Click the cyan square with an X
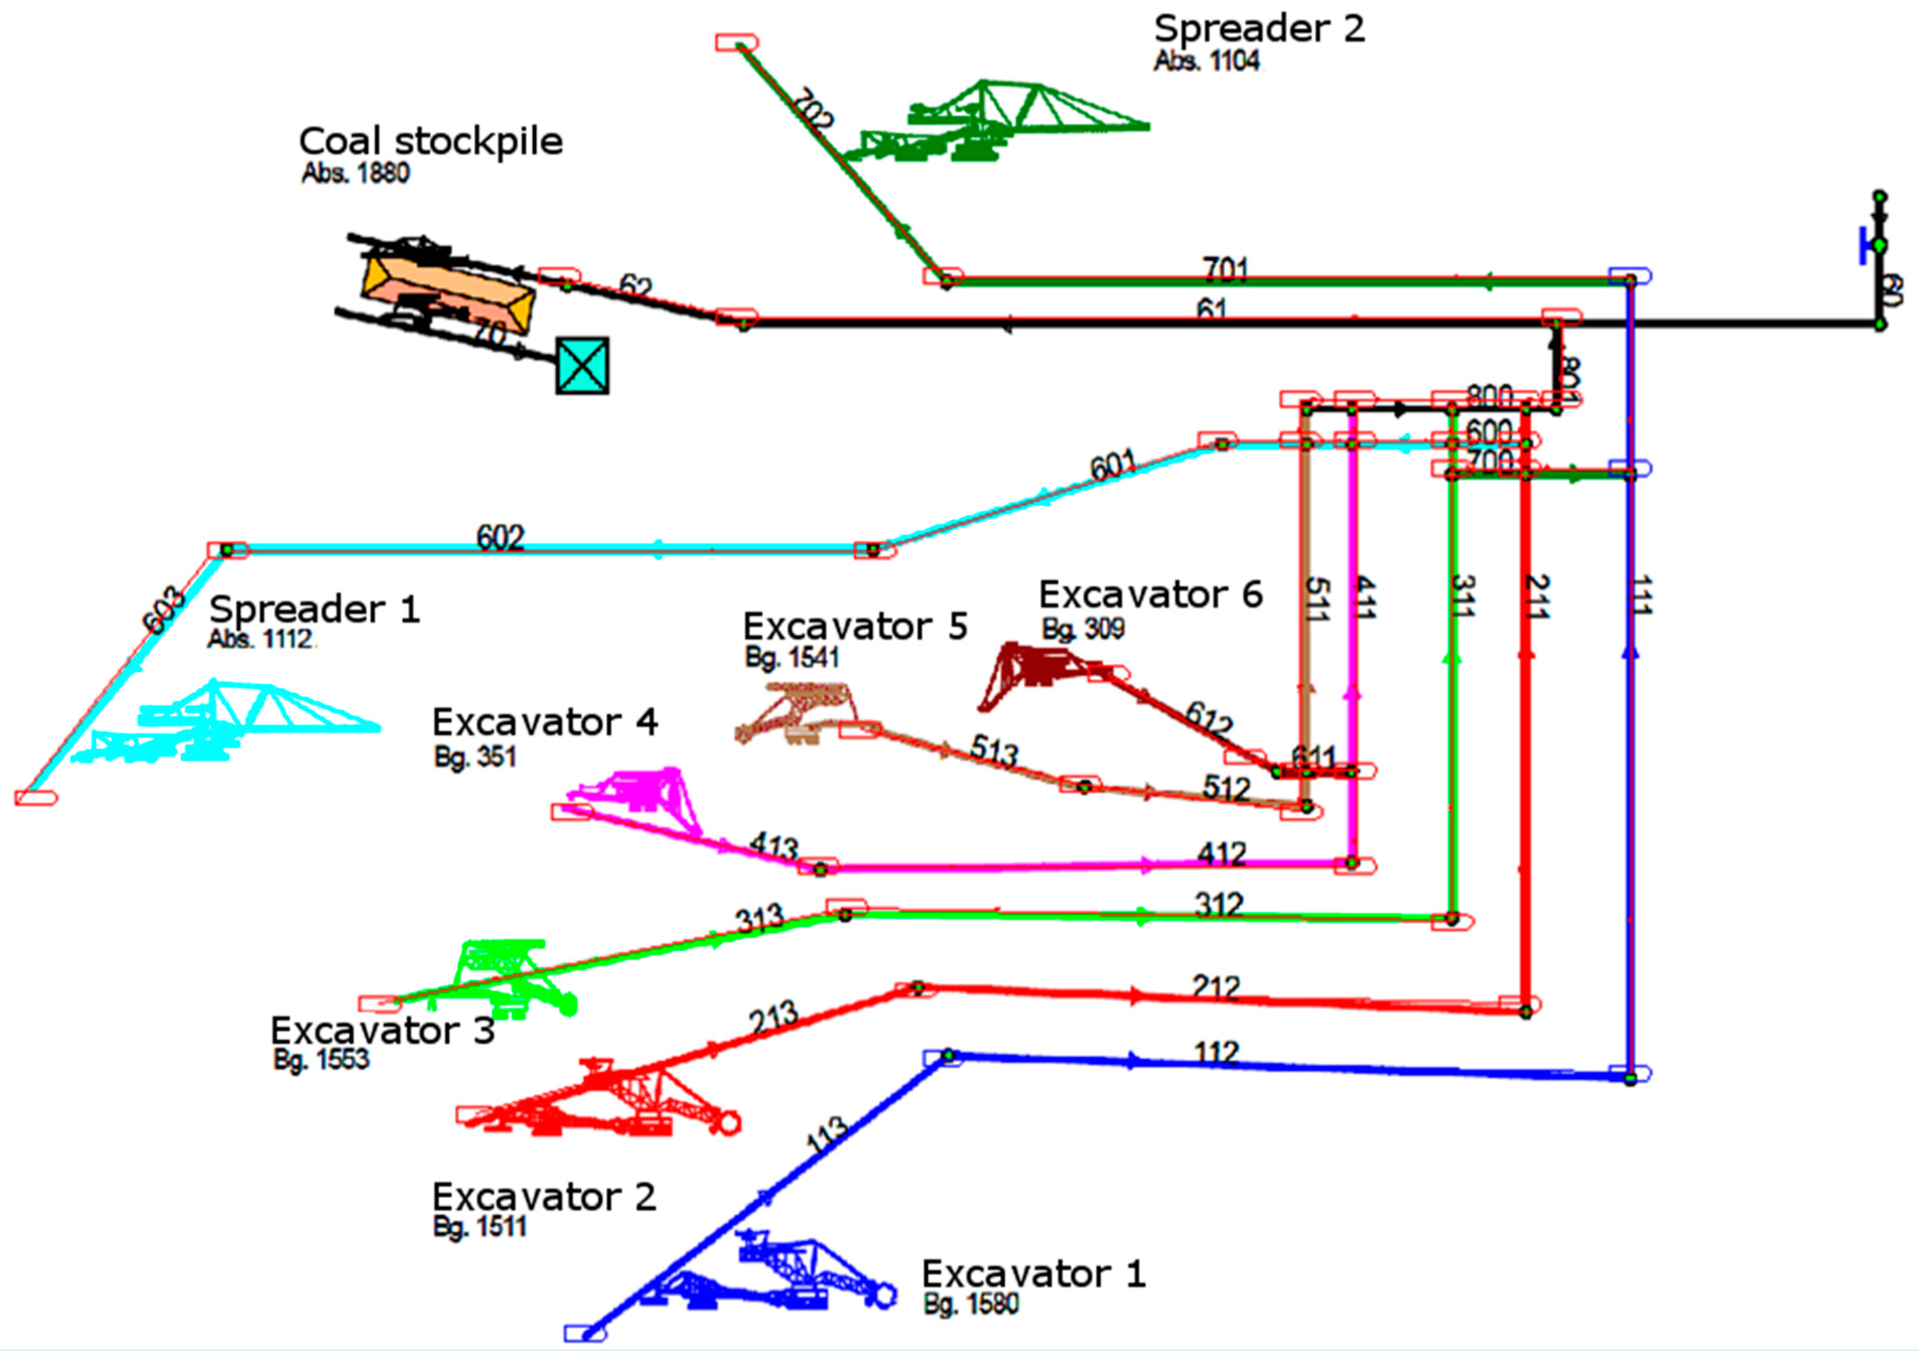(x=582, y=365)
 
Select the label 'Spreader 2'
(x=1259, y=28)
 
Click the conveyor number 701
(x=1225, y=269)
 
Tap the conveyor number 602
(x=500, y=537)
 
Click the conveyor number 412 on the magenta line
(x=1221, y=855)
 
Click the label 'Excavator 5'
(x=855, y=627)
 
